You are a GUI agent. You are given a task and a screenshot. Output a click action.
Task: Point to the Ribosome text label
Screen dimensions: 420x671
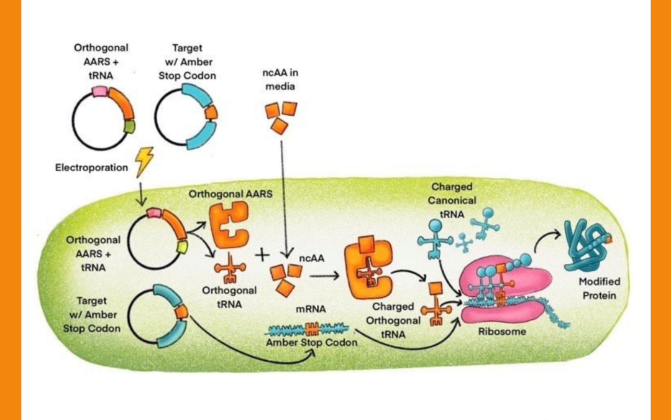(501, 332)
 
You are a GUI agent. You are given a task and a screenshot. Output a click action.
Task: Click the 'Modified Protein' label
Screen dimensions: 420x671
(600, 288)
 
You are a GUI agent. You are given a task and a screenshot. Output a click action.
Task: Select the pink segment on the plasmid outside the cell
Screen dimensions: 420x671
(99, 91)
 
